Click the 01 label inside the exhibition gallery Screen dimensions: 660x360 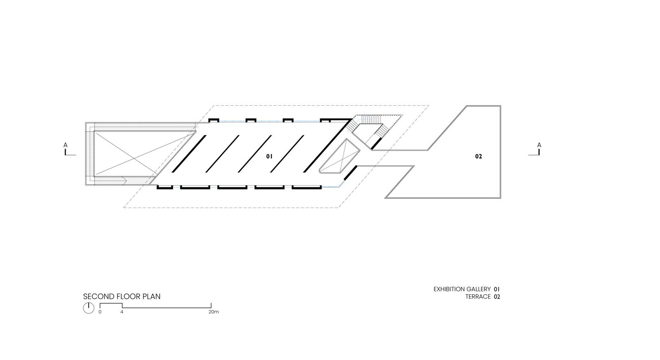point(269,156)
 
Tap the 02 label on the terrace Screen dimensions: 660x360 point(478,156)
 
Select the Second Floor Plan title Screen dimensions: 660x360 point(122,296)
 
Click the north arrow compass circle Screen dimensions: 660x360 point(88,308)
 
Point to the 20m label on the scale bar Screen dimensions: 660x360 point(214,312)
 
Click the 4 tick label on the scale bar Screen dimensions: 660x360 point(122,312)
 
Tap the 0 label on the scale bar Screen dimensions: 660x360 point(100,312)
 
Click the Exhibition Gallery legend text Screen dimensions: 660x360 point(462,289)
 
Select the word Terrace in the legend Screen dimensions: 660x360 point(478,296)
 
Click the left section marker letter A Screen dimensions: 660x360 point(66,145)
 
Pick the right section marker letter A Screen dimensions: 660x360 point(539,145)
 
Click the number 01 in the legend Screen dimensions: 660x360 point(497,289)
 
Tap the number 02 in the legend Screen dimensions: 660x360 point(497,297)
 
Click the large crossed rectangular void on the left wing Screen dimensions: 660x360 point(144,153)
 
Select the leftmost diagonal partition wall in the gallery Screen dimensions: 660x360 point(189,153)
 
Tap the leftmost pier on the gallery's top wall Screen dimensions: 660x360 point(214,120)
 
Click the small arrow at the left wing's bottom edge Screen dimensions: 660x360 point(124,179)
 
